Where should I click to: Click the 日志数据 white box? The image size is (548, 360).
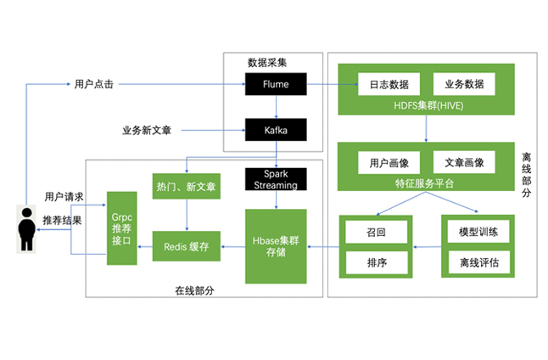(389, 85)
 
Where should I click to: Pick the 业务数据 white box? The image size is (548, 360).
(464, 85)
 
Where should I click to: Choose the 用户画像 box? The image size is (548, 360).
(389, 162)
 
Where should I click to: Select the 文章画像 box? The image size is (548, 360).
(464, 162)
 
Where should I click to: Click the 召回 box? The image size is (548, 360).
(377, 232)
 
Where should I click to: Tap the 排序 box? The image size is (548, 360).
(377, 262)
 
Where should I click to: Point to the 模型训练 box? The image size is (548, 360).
(478, 232)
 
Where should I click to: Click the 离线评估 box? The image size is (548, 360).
(478, 262)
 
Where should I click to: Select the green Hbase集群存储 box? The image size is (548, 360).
(275, 246)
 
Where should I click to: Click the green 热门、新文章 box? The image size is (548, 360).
(186, 187)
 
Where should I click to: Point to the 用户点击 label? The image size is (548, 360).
(94, 84)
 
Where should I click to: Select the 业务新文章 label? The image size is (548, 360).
(147, 131)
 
